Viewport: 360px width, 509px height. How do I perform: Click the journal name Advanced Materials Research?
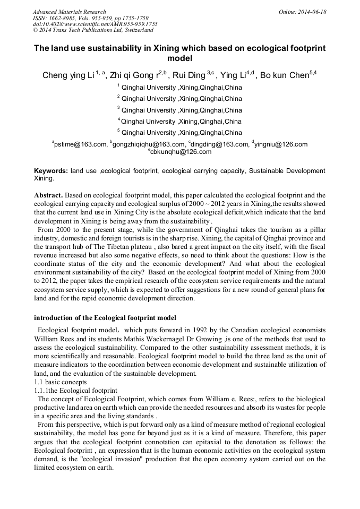(69, 12)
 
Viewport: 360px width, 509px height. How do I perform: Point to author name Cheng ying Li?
(68, 75)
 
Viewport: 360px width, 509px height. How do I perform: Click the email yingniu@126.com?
(281, 144)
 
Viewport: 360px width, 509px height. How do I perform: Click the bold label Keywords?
(51, 171)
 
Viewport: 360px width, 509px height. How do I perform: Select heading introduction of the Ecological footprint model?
(105, 318)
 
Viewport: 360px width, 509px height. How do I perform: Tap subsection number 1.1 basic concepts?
(59, 382)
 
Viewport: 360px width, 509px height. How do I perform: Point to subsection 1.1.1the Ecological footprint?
(75, 390)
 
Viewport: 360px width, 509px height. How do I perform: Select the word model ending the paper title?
(179, 58)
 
